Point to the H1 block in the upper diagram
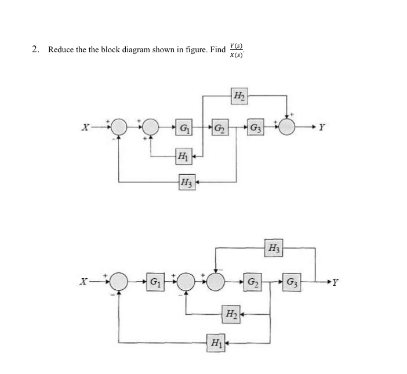[183, 156]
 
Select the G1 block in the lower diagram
[155, 283]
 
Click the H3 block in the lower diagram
[272, 249]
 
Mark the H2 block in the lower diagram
[230, 315]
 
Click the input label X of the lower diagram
[85, 283]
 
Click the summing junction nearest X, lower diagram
[119, 283]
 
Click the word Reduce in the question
[60, 50]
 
